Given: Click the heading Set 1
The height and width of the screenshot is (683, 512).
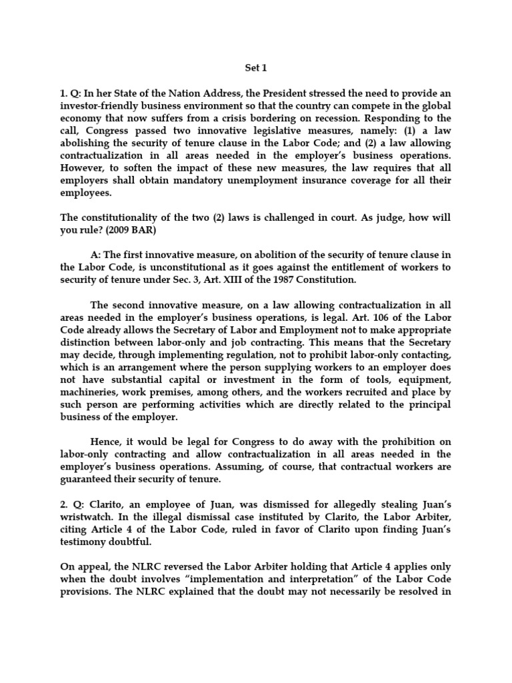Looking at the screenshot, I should pos(255,67).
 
